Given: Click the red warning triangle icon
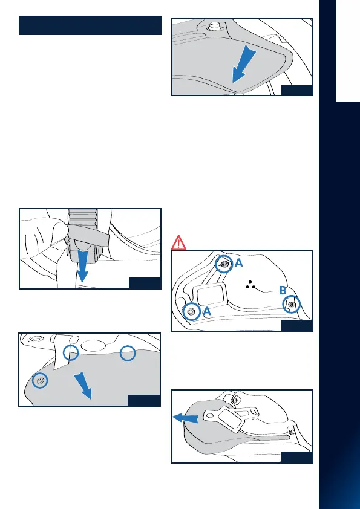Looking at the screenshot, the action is click(178, 243).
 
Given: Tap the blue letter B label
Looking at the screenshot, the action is click(283, 291).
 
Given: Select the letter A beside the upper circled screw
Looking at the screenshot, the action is click(238, 263).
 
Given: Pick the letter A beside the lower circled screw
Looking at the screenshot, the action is click(207, 312).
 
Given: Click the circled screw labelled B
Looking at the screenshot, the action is click(292, 305).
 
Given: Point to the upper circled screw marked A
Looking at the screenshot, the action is click(223, 264).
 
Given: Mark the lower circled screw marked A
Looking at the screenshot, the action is click(192, 312).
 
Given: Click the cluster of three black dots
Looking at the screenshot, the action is click(250, 285).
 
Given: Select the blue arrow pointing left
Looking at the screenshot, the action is click(186, 418).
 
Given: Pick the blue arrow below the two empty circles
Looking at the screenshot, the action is click(83, 386).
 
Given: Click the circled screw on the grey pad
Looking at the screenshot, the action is click(40, 380).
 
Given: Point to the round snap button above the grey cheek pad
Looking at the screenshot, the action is click(214, 27).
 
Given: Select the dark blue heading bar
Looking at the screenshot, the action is click(90, 25).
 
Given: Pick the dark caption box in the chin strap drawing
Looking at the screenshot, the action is click(145, 283).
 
